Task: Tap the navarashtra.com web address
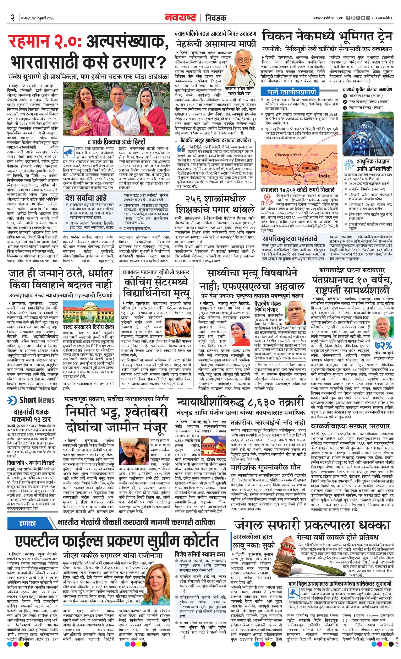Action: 328,18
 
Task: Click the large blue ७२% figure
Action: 383,345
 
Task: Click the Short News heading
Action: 37,400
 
